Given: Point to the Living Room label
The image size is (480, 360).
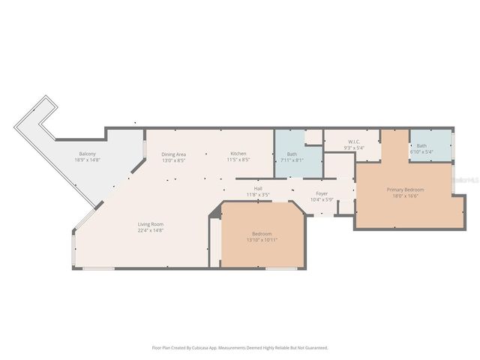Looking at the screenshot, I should [x=150, y=224].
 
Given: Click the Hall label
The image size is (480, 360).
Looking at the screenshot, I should [x=258, y=188].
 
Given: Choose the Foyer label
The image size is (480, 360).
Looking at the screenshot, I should [x=321, y=193].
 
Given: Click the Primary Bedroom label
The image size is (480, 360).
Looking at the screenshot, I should [x=406, y=190].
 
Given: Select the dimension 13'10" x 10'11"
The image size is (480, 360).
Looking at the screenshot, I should [x=262, y=240].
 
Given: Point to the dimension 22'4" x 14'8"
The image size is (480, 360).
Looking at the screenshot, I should [x=150, y=230].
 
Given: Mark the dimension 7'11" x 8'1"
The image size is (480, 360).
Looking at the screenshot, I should [x=291, y=160].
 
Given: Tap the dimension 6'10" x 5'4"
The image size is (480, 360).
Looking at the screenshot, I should [x=421, y=152].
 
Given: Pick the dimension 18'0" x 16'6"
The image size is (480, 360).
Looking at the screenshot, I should [x=406, y=196].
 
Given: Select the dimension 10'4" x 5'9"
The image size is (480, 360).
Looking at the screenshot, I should [x=321, y=199].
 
